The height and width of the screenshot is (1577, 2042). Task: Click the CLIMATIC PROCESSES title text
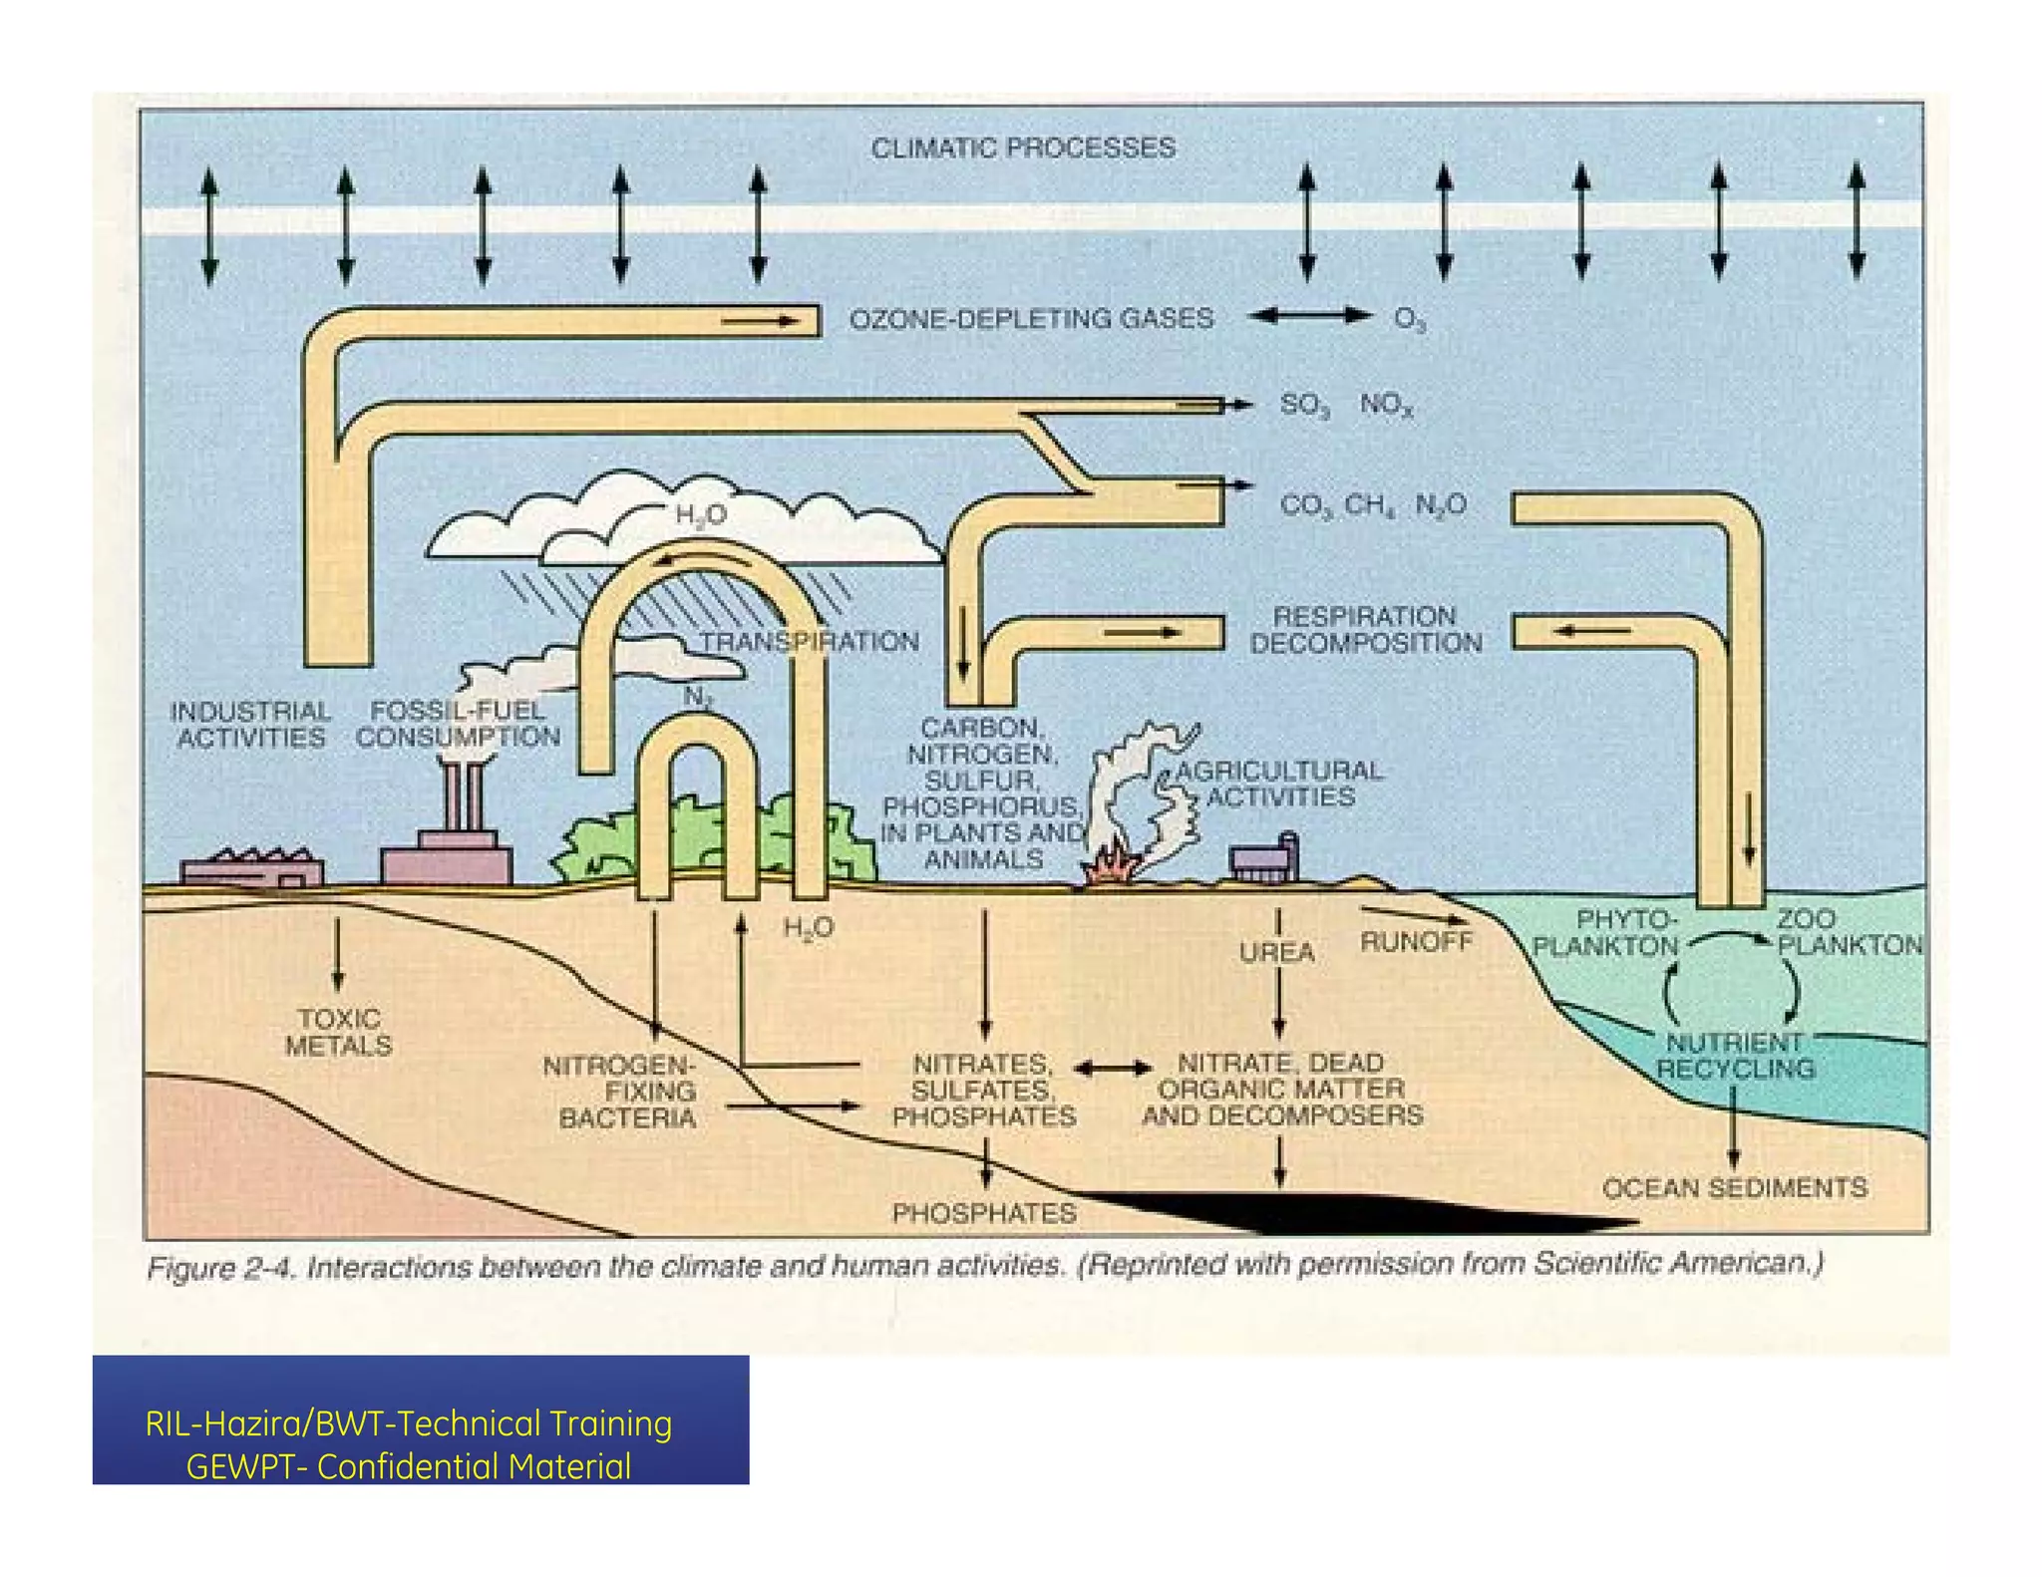pos(1023,149)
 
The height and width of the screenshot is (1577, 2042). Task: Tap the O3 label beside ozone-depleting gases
pos(1409,319)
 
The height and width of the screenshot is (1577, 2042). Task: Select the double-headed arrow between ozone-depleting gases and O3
pos(1309,316)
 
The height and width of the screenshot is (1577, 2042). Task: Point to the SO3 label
pos(1304,405)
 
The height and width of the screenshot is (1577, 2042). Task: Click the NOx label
pos(1386,405)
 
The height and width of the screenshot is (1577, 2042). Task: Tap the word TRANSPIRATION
pos(809,641)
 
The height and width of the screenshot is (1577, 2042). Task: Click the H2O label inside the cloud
pos(700,514)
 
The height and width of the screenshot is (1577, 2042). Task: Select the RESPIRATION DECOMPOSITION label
pos(1365,630)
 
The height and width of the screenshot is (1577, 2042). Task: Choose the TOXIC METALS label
pos(338,1032)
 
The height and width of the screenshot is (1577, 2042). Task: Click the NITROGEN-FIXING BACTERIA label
pos(623,1092)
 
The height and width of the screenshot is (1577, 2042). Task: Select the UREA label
pos(1277,953)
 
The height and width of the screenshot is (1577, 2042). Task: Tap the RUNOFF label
pos(1416,941)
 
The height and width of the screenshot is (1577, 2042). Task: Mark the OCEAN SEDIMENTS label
pos(1734,1188)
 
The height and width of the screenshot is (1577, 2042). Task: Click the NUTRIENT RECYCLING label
pos(1735,1056)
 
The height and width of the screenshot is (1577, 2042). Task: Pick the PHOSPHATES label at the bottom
pos(984,1213)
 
